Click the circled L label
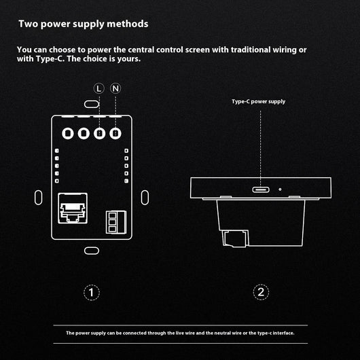(x=99, y=88)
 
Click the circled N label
(x=115, y=88)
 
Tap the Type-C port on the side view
(x=261, y=190)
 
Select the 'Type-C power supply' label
(x=258, y=102)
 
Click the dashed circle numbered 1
(x=92, y=292)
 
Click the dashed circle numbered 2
(x=261, y=292)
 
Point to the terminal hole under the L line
(x=99, y=133)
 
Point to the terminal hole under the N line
(x=115, y=133)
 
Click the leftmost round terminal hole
(x=68, y=133)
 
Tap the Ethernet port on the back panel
(x=73, y=208)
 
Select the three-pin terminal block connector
(x=116, y=222)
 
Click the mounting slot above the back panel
(x=92, y=104)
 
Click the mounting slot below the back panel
(x=92, y=251)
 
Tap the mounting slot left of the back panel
(x=38, y=198)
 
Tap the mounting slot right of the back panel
(x=145, y=198)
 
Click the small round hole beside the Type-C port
(x=280, y=190)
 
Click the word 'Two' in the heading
(x=29, y=24)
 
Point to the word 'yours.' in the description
(x=129, y=59)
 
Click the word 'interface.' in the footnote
(x=283, y=333)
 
